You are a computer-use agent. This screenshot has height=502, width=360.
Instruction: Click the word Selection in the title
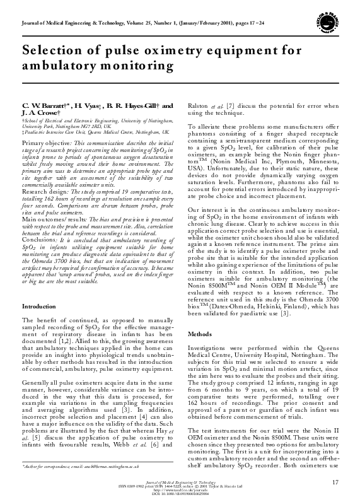pos(53,51)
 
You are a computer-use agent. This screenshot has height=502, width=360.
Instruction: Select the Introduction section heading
pos(39,306)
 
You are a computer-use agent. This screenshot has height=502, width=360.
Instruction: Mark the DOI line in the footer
pos(180,496)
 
